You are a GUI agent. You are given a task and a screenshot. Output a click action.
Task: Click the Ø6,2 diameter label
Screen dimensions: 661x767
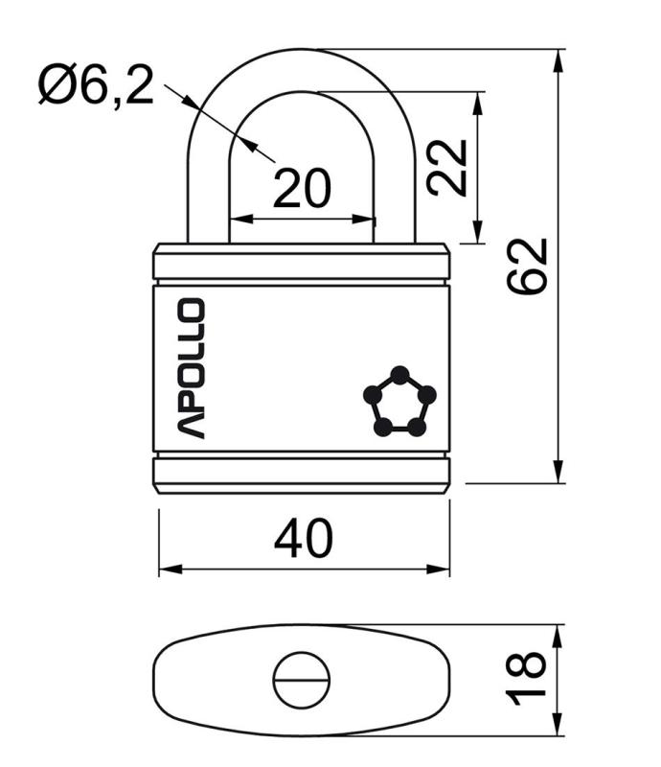(x=97, y=85)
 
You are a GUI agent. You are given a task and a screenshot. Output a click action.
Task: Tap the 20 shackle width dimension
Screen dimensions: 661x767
(x=302, y=188)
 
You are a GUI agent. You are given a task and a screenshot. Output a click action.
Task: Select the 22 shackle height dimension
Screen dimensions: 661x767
(x=447, y=168)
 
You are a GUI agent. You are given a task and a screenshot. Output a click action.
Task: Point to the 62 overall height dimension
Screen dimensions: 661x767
(x=527, y=267)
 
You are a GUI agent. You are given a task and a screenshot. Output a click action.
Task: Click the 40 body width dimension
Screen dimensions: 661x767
(x=304, y=539)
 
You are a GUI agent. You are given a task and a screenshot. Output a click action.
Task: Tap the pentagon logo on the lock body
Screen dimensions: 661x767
(x=399, y=401)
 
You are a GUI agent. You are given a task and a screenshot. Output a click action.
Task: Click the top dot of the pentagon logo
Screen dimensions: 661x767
(x=399, y=375)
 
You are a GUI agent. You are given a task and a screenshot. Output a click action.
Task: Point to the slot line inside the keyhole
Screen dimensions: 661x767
(x=301, y=680)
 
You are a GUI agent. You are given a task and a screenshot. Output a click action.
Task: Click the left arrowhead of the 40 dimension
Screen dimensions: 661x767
(x=171, y=569)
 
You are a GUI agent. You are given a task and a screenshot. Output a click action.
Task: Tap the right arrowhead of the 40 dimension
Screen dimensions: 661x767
(x=438, y=569)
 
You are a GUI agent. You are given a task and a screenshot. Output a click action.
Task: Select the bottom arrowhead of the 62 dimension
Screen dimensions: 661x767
(x=558, y=472)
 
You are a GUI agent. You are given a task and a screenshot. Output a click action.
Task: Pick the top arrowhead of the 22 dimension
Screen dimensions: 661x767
(x=478, y=103)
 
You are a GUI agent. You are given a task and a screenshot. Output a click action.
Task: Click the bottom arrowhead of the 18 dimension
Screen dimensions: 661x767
(x=558, y=724)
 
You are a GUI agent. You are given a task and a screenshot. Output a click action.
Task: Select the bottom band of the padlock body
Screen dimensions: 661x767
(x=302, y=475)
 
